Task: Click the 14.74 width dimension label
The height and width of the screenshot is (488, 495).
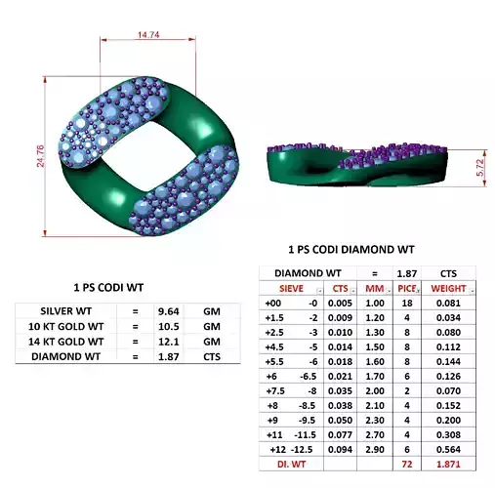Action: [x=148, y=35]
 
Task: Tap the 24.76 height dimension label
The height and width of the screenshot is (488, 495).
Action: [x=41, y=156]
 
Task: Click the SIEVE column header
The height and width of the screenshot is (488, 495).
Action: [x=290, y=289]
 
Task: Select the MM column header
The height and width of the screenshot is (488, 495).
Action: [x=373, y=289]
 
